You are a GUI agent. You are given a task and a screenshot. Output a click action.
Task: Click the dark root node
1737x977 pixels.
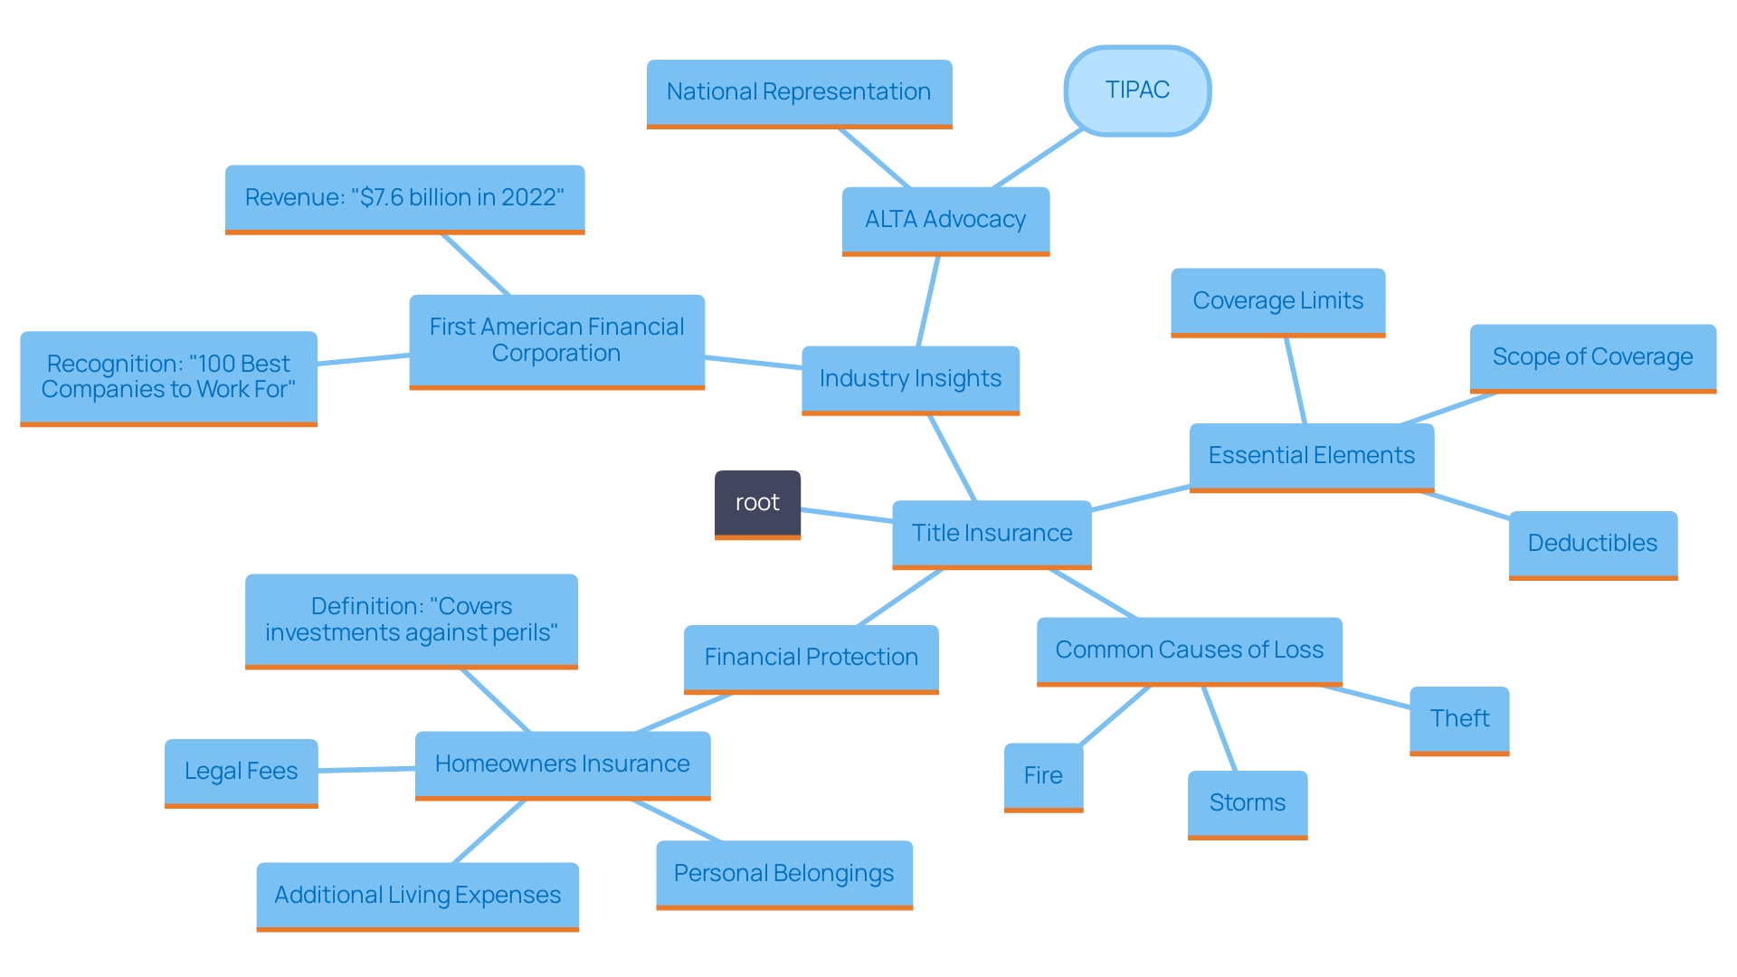tap(757, 503)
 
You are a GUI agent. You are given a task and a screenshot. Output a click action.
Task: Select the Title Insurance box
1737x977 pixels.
tap(992, 533)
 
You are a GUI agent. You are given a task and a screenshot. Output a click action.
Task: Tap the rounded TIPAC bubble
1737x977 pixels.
tap(1137, 90)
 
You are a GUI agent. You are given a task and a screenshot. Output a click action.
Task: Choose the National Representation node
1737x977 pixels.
tap(799, 92)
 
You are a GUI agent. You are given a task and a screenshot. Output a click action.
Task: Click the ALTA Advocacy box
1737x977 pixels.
tap(945, 220)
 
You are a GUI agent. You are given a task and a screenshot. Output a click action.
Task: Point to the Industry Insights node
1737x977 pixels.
tap(910, 379)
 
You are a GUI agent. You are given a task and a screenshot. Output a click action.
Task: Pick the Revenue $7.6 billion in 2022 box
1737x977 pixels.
tap(404, 198)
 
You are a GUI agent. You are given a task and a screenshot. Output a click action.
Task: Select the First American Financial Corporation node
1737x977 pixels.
tap(556, 341)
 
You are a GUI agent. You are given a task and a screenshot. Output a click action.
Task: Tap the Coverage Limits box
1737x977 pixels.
tap(1277, 301)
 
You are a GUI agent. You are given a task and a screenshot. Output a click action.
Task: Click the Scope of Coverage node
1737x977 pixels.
tap(1592, 357)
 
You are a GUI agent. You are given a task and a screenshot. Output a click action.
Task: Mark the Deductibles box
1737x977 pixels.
tap(1592, 544)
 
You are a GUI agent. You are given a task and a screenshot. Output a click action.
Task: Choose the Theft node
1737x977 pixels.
tap(1459, 719)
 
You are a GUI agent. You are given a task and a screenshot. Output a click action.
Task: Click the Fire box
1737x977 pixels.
tap(1043, 776)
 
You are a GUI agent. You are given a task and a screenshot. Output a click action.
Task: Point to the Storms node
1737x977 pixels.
tap(1247, 803)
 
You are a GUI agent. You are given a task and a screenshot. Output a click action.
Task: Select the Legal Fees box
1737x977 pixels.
tap(241, 772)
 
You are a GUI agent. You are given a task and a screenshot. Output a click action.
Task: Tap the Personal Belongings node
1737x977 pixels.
tap(783, 874)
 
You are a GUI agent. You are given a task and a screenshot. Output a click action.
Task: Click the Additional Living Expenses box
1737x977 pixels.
tap(417, 896)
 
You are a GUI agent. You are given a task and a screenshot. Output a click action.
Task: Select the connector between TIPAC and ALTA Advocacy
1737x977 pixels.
tap(1038, 159)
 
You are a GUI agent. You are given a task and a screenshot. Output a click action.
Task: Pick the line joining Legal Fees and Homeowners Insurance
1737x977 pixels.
tap(366, 770)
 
